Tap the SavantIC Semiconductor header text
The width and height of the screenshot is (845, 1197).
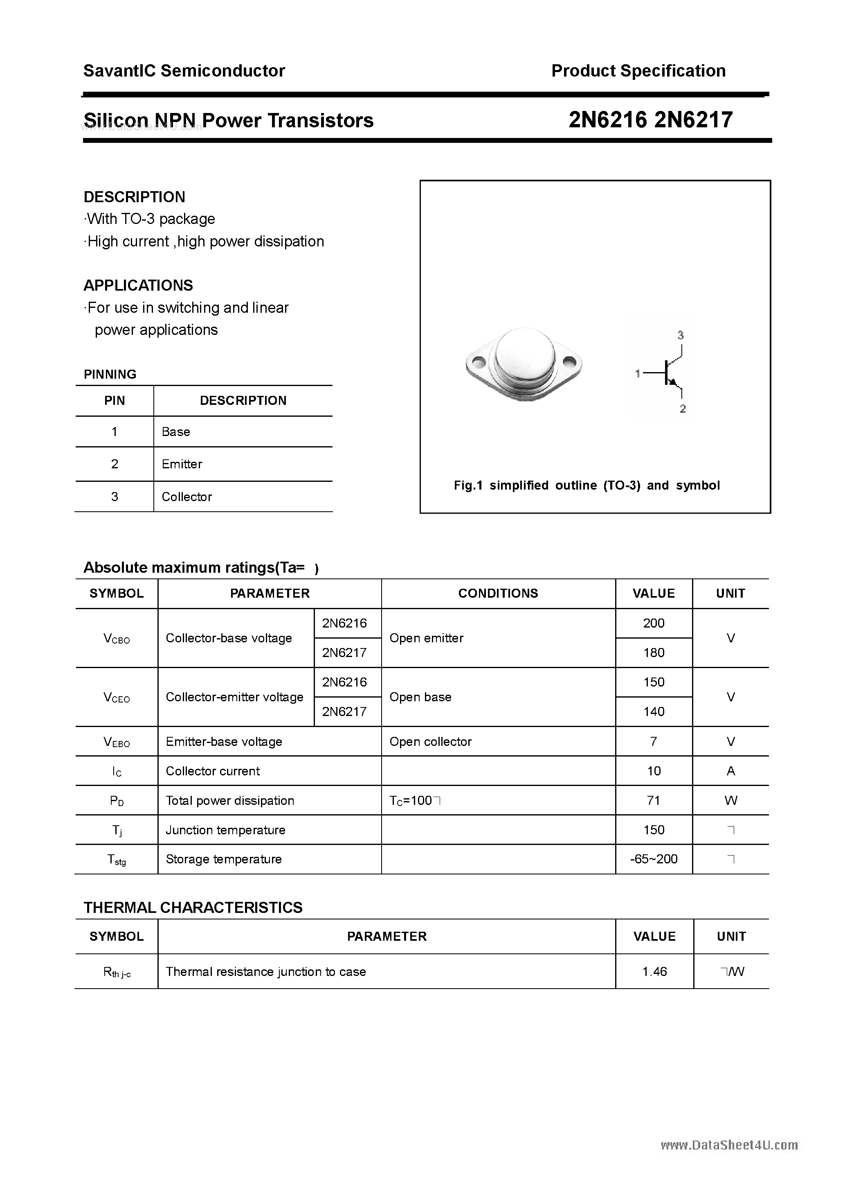tap(184, 71)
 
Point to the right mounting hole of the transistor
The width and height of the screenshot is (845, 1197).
tap(570, 360)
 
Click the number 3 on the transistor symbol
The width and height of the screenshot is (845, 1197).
tap(680, 335)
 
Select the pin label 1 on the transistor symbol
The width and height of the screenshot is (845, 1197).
tap(638, 373)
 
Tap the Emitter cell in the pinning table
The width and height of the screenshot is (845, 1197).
tap(182, 464)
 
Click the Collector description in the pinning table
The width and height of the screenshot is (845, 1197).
tap(187, 497)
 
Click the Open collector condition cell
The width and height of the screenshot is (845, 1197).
tap(430, 741)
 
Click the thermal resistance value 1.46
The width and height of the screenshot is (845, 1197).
tap(654, 971)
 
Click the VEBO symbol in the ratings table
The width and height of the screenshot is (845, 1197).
tap(117, 742)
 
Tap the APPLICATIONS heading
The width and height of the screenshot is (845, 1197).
tap(138, 285)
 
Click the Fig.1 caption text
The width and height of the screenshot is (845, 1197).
tap(587, 486)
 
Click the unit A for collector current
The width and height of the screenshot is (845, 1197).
tap(730, 771)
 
